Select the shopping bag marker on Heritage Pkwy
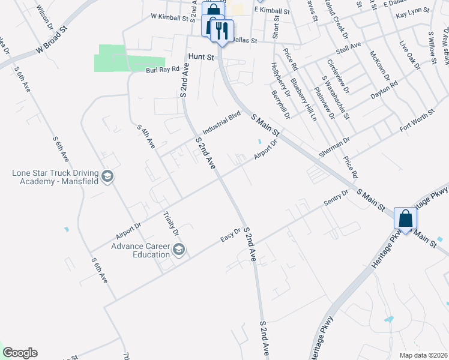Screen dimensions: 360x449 coord(405,219)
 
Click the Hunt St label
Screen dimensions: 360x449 coord(201,56)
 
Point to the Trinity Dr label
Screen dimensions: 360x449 coord(172,223)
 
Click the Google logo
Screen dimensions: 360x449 coord(20,353)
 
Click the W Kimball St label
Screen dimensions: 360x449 coord(170,18)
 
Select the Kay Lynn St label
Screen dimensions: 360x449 coord(414,11)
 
